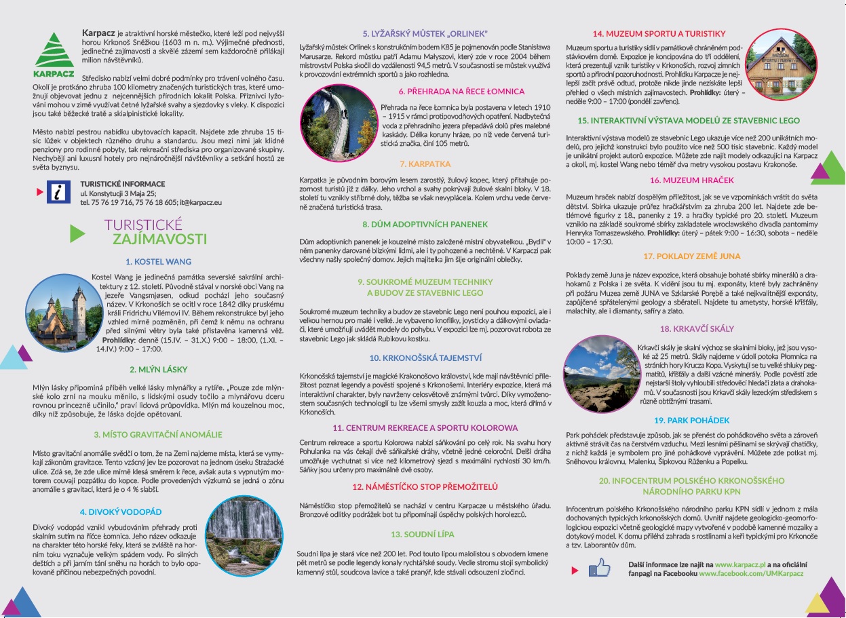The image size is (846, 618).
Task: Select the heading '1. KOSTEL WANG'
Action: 158,261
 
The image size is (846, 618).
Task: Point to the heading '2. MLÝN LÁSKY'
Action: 158,370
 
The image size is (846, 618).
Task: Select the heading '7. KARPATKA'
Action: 425,164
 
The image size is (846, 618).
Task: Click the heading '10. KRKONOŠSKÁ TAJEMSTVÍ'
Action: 425,358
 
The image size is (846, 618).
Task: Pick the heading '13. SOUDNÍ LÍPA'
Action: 425,535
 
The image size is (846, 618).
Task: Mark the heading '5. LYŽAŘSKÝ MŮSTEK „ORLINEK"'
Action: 425,33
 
